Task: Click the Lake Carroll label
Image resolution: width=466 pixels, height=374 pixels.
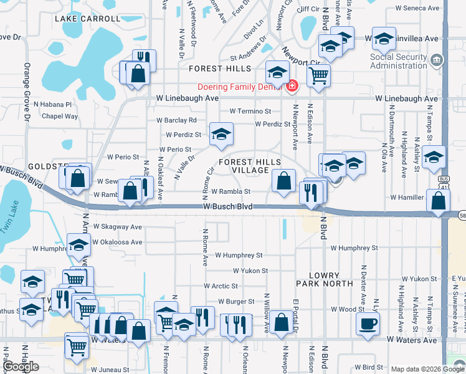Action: (87, 19)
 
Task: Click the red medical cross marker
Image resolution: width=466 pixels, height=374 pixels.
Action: (292, 85)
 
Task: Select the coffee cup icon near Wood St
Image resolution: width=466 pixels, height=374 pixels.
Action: (367, 324)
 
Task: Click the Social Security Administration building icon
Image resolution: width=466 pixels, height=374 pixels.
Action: (437, 60)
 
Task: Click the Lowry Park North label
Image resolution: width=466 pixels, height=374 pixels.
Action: (324, 280)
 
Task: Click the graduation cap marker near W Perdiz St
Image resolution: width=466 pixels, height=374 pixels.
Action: (221, 134)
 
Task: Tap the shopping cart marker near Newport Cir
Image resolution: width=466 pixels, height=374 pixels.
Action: (318, 75)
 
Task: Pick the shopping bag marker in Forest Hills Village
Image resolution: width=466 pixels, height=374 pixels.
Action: (283, 181)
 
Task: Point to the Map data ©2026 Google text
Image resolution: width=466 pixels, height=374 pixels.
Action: (427, 369)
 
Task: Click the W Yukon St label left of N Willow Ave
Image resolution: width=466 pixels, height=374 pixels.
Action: (250, 271)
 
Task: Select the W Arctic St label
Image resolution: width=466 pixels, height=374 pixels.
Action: (221, 286)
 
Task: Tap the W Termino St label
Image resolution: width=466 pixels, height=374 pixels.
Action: (250, 112)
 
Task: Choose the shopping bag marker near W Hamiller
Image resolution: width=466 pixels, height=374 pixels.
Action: (439, 201)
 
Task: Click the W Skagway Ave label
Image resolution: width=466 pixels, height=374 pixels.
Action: (118, 227)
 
